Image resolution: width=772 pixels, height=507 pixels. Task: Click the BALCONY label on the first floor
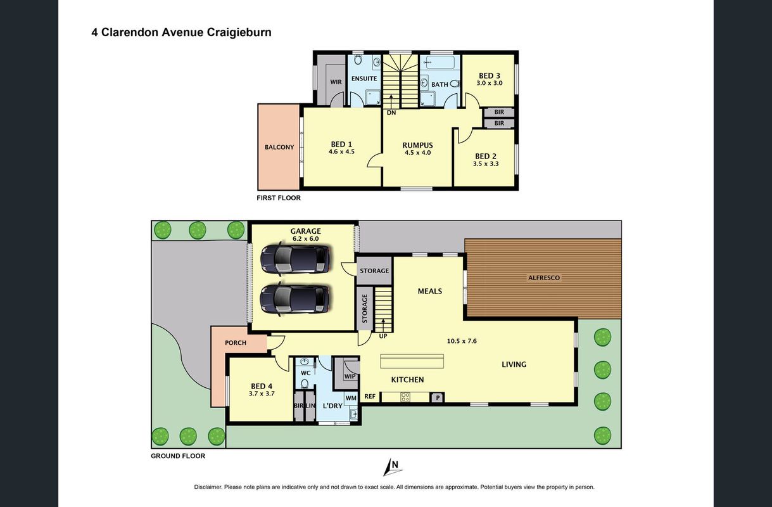(x=279, y=147)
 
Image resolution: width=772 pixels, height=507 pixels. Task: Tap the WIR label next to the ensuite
(x=336, y=82)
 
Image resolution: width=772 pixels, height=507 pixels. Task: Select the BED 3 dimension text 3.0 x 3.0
(x=490, y=83)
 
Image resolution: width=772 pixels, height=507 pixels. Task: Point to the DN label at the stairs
(x=391, y=113)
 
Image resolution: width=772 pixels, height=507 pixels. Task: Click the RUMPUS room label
(x=417, y=145)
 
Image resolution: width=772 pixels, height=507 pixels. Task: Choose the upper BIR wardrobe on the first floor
(x=499, y=112)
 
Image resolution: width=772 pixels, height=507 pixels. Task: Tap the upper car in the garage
(x=295, y=259)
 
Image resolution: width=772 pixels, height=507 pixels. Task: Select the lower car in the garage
(x=294, y=299)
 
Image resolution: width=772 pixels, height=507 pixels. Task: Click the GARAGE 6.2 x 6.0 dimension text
(x=306, y=239)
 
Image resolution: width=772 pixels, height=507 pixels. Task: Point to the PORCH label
(x=236, y=343)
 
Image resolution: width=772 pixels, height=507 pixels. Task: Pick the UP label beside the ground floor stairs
(x=383, y=337)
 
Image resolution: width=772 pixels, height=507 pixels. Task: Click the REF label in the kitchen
(x=370, y=397)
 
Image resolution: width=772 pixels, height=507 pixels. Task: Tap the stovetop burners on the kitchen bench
(x=405, y=397)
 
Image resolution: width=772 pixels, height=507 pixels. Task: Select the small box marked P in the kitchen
(x=438, y=397)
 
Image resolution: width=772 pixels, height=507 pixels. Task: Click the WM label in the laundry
(x=351, y=398)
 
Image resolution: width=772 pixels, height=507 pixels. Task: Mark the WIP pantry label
(x=350, y=376)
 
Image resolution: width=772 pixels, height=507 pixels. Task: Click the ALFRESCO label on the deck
(x=544, y=278)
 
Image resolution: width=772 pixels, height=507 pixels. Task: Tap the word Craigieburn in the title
(x=239, y=32)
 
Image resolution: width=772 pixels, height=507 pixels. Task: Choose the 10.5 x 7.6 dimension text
(x=462, y=341)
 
